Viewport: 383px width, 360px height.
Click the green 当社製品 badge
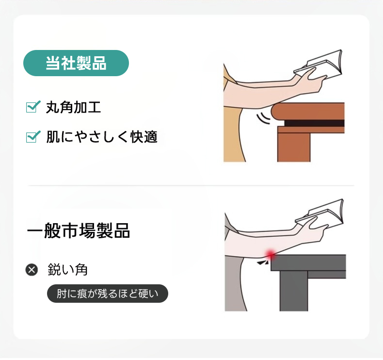(76, 63)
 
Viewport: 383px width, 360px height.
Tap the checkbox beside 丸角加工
(33, 107)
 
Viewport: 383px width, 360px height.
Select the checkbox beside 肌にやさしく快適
(33, 137)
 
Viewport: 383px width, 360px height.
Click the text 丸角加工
(73, 107)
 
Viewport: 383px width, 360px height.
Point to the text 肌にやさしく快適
(102, 137)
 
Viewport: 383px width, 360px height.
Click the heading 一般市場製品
(78, 230)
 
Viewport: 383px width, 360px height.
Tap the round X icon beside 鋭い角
(32, 270)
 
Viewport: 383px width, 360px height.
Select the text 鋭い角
(67, 270)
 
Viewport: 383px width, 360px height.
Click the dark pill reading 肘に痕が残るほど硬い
(108, 294)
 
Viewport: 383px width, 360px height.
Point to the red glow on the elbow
(270, 255)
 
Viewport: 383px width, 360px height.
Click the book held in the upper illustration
(318, 64)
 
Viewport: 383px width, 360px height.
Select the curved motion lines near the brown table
(263, 118)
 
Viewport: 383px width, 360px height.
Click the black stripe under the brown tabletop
(314, 123)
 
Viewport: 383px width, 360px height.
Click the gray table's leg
(294, 291)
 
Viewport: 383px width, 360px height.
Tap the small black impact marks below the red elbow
(263, 263)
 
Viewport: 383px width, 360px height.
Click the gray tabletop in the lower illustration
(308, 262)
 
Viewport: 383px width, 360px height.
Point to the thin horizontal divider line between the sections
(191, 186)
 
